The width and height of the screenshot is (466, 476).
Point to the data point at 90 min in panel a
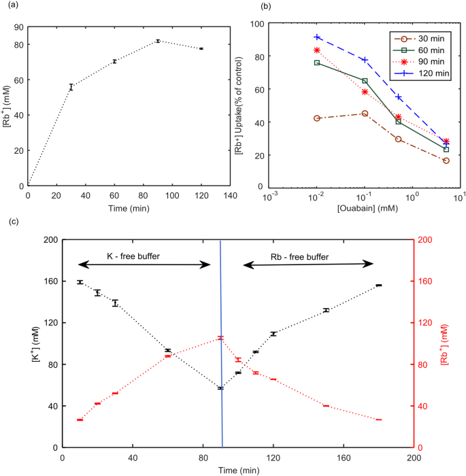[x=158, y=41]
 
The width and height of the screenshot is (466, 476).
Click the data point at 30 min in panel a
[x=71, y=87]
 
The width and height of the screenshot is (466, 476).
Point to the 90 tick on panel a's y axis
[x=18, y=27]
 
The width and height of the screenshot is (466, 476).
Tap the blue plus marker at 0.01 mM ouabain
[x=317, y=37]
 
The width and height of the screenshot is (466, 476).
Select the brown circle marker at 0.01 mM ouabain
[x=317, y=118]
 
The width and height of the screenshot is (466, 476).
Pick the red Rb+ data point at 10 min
[x=80, y=420]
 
